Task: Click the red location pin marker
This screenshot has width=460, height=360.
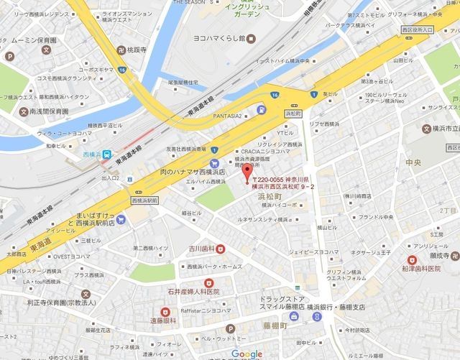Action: (x=247, y=172)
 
